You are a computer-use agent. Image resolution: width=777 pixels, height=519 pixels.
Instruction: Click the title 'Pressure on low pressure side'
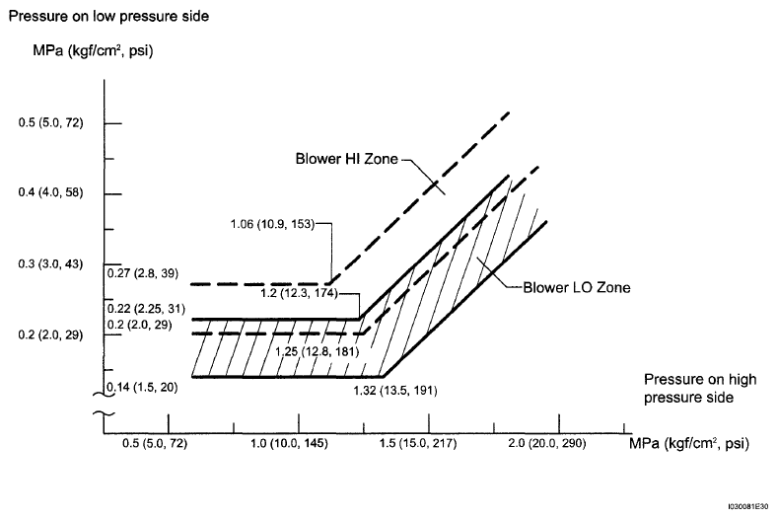point(108,17)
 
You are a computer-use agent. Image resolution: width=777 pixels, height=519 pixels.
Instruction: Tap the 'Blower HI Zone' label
point(346,159)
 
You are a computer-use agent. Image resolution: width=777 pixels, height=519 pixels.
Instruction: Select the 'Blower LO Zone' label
point(577,287)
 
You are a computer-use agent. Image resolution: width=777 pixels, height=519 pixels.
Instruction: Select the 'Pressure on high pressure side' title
point(700,388)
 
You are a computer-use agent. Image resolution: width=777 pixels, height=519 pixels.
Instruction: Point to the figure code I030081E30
point(748,506)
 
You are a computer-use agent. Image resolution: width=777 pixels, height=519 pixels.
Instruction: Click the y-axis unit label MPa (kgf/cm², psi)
point(93,50)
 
